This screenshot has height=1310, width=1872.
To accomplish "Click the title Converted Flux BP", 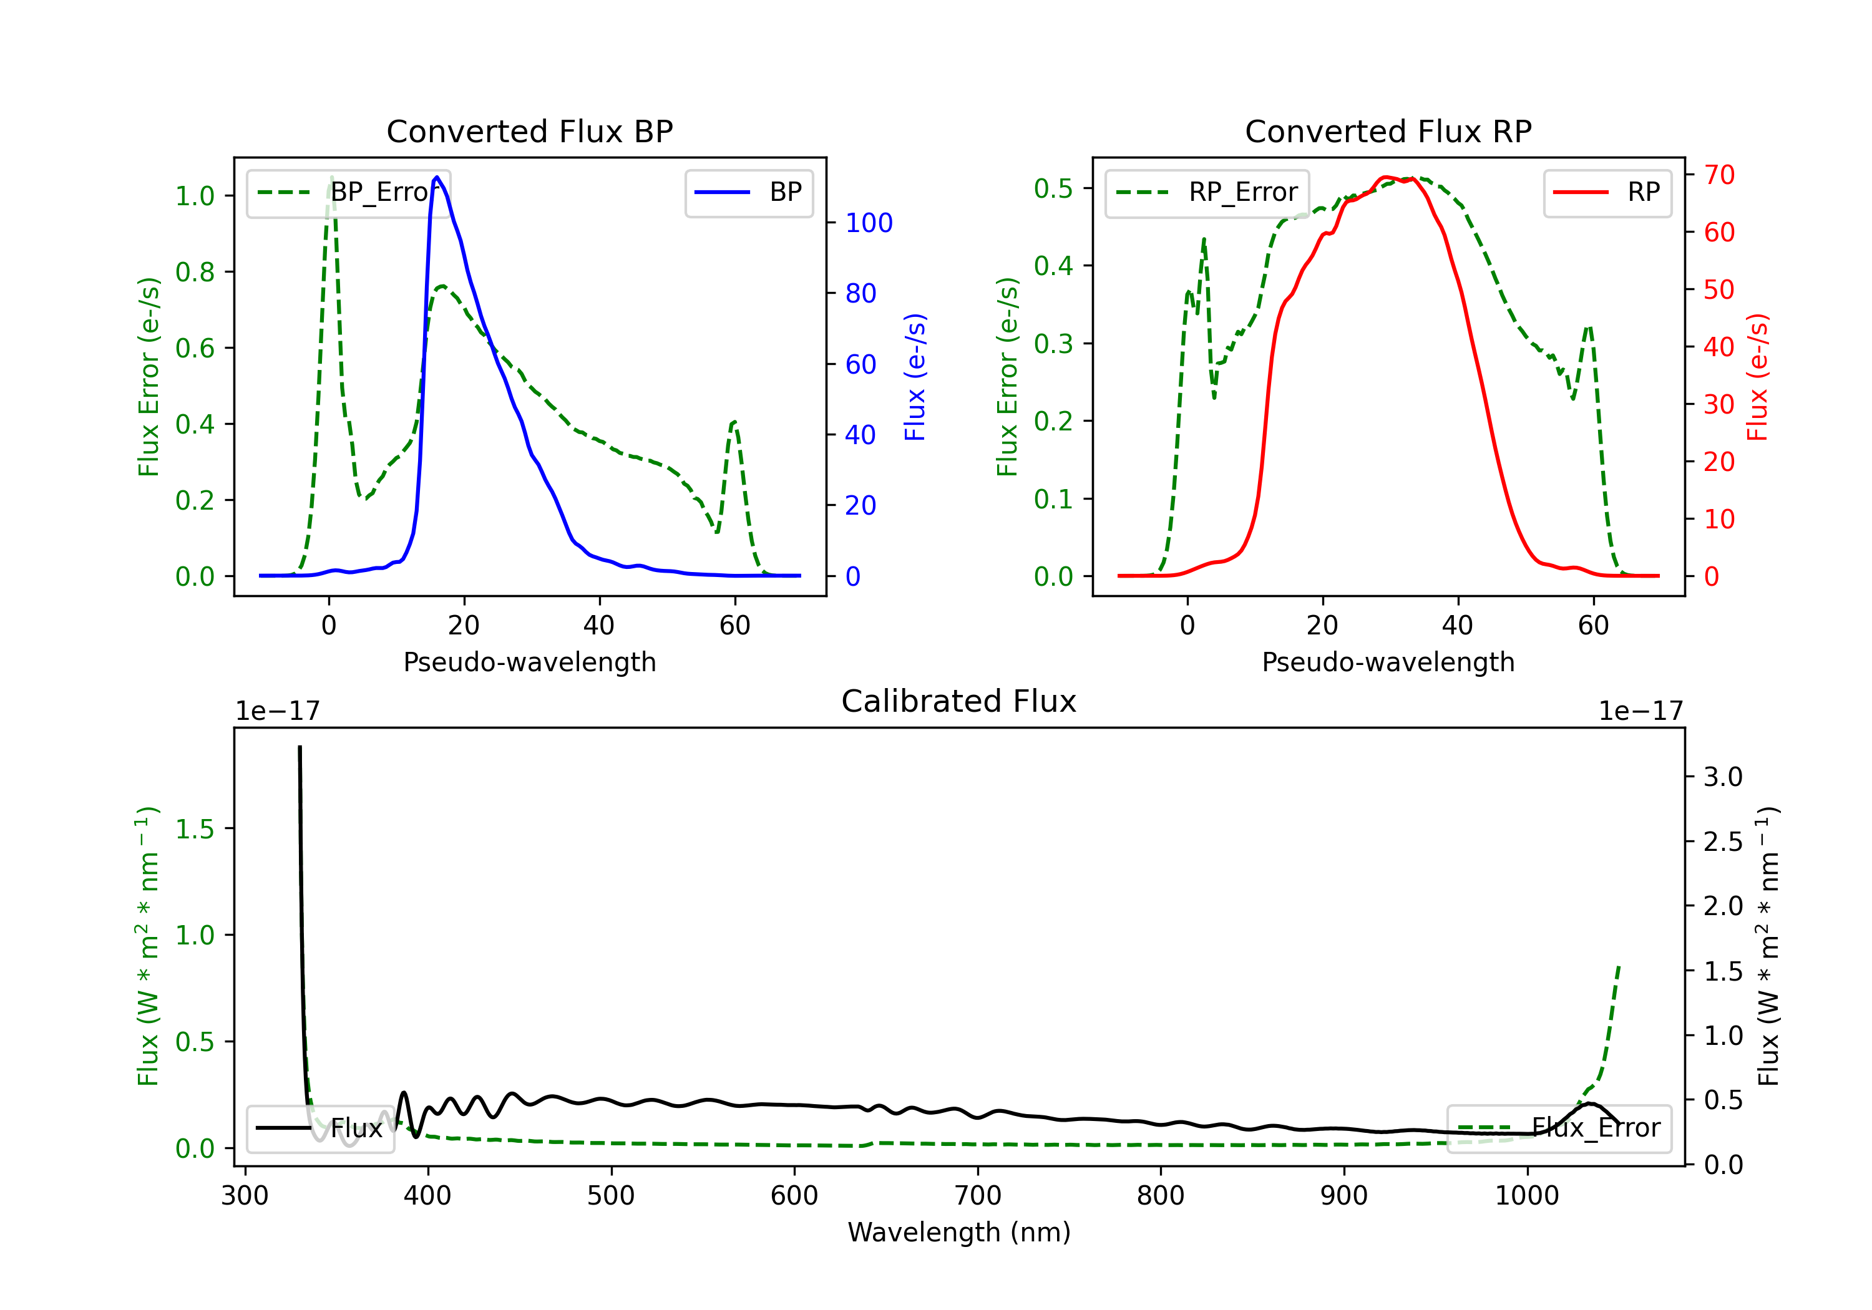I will click(x=529, y=131).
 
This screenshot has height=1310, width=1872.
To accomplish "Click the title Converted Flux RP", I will click(x=1388, y=131).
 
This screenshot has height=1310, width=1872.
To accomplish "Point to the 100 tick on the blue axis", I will click(x=869, y=223).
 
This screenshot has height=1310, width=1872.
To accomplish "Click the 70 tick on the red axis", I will click(x=1718, y=175).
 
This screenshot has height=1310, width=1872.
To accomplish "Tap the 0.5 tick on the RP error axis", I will click(x=1053, y=188).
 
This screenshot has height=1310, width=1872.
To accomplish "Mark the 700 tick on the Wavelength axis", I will click(x=978, y=1196).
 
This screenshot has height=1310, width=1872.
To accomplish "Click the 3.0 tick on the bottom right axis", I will click(x=1722, y=777).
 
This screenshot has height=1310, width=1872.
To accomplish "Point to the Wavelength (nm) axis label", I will click(x=959, y=1232).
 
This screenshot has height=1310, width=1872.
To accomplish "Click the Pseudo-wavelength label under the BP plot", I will click(x=529, y=662).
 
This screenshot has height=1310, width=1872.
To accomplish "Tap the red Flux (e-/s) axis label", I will click(x=1758, y=377).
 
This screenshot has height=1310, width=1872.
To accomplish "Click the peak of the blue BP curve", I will click(x=437, y=177).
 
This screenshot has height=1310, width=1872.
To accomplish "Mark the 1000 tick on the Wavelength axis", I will click(x=1526, y=1196).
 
